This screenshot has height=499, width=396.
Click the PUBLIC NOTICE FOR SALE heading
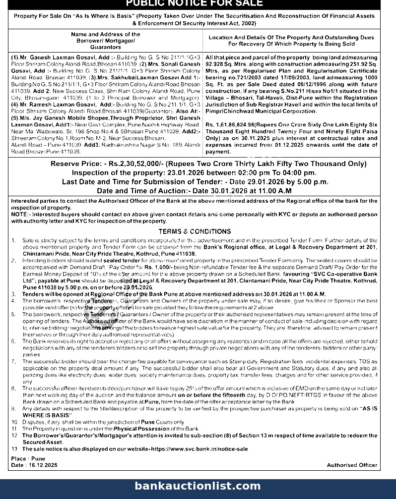[x=194, y=3]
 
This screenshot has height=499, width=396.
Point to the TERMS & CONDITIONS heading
[x=195, y=231]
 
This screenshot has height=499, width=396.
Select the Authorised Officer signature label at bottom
[x=352, y=465]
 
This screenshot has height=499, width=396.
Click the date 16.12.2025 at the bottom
[x=42, y=465]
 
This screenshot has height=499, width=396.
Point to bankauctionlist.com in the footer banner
[x=198, y=486]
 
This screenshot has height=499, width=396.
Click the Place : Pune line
[x=28, y=459]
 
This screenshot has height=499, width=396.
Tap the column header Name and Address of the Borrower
[x=105, y=41]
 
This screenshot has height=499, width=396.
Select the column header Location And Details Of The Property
[x=291, y=41]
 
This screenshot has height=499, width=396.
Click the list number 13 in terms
[x=14, y=449]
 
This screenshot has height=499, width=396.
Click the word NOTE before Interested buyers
[x=19, y=215]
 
